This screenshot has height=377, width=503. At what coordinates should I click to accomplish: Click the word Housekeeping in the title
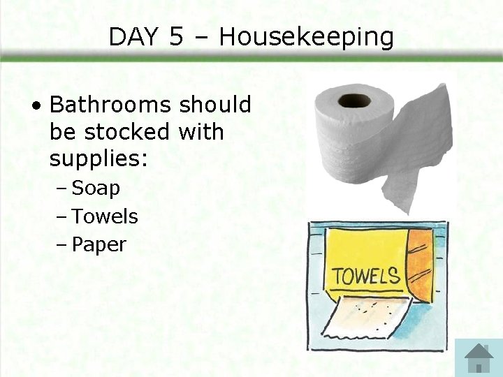tap(306, 38)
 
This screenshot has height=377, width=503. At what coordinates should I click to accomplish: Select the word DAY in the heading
tap(134, 37)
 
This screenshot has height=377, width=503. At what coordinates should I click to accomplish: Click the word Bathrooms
tap(110, 105)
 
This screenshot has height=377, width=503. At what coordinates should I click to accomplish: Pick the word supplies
tap(98, 159)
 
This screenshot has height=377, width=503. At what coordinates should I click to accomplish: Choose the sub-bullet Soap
tap(96, 188)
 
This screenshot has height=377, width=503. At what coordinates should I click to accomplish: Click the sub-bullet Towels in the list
tap(105, 216)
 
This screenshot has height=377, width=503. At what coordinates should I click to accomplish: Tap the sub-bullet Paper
tap(99, 245)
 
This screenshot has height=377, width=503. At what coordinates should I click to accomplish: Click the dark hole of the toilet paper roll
tap(354, 100)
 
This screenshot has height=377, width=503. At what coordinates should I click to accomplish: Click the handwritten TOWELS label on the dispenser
tap(365, 276)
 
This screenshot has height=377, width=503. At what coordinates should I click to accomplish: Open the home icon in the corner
tap(479, 357)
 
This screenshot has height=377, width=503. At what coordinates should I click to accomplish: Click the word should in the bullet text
tap(214, 105)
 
